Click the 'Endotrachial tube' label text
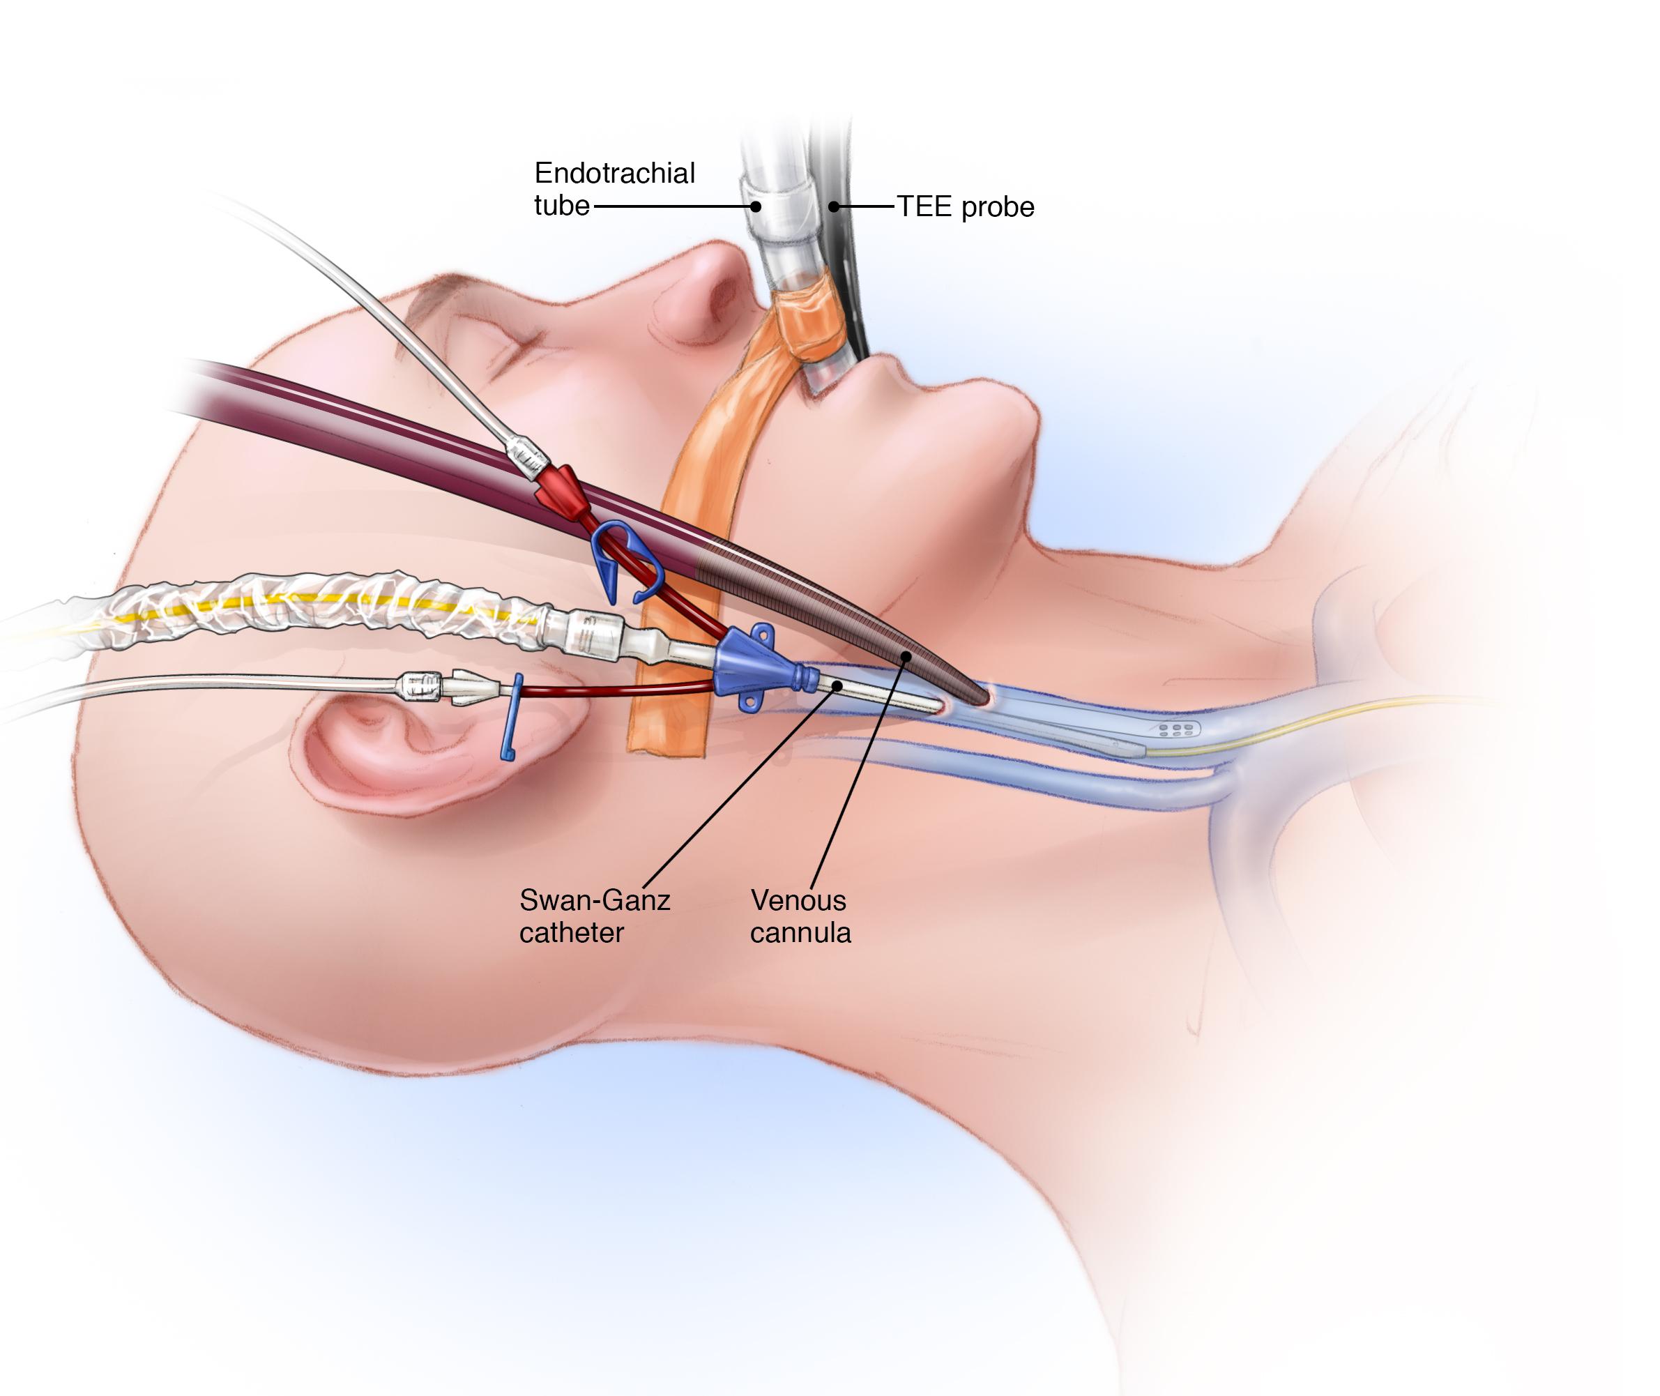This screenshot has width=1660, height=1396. [614, 189]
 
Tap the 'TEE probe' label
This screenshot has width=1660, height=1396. [966, 207]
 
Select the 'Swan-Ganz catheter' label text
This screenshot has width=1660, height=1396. [593, 916]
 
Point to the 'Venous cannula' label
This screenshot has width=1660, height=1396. [800, 916]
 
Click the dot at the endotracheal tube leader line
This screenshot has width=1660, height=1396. [756, 206]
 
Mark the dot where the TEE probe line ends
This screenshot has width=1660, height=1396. [833, 207]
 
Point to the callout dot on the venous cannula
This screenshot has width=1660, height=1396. [907, 656]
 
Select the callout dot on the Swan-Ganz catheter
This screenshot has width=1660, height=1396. [837, 686]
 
